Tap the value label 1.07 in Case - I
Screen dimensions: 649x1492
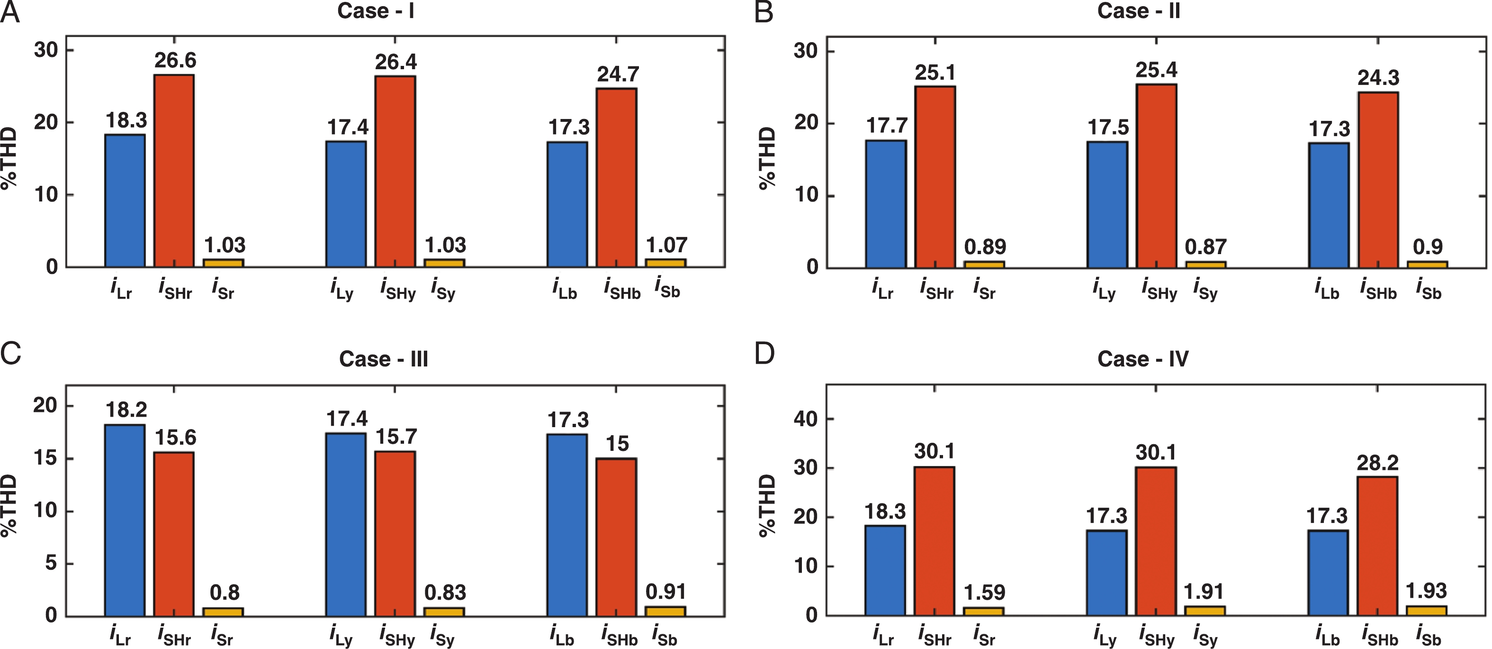point(666,245)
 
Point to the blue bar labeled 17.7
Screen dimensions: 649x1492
point(886,203)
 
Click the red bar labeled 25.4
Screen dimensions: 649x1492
point(1156,175)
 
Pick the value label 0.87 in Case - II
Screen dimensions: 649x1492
point(1205,247)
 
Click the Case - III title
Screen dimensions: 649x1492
point(384,359)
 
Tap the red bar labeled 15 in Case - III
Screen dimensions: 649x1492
point(616,537)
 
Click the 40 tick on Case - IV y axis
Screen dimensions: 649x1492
point(805,419)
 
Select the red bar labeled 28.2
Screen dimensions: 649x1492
point(1377,545)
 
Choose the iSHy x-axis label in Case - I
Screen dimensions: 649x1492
point(398,289)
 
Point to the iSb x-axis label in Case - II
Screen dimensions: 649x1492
point(1428,289)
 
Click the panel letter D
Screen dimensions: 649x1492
point(764,353)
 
